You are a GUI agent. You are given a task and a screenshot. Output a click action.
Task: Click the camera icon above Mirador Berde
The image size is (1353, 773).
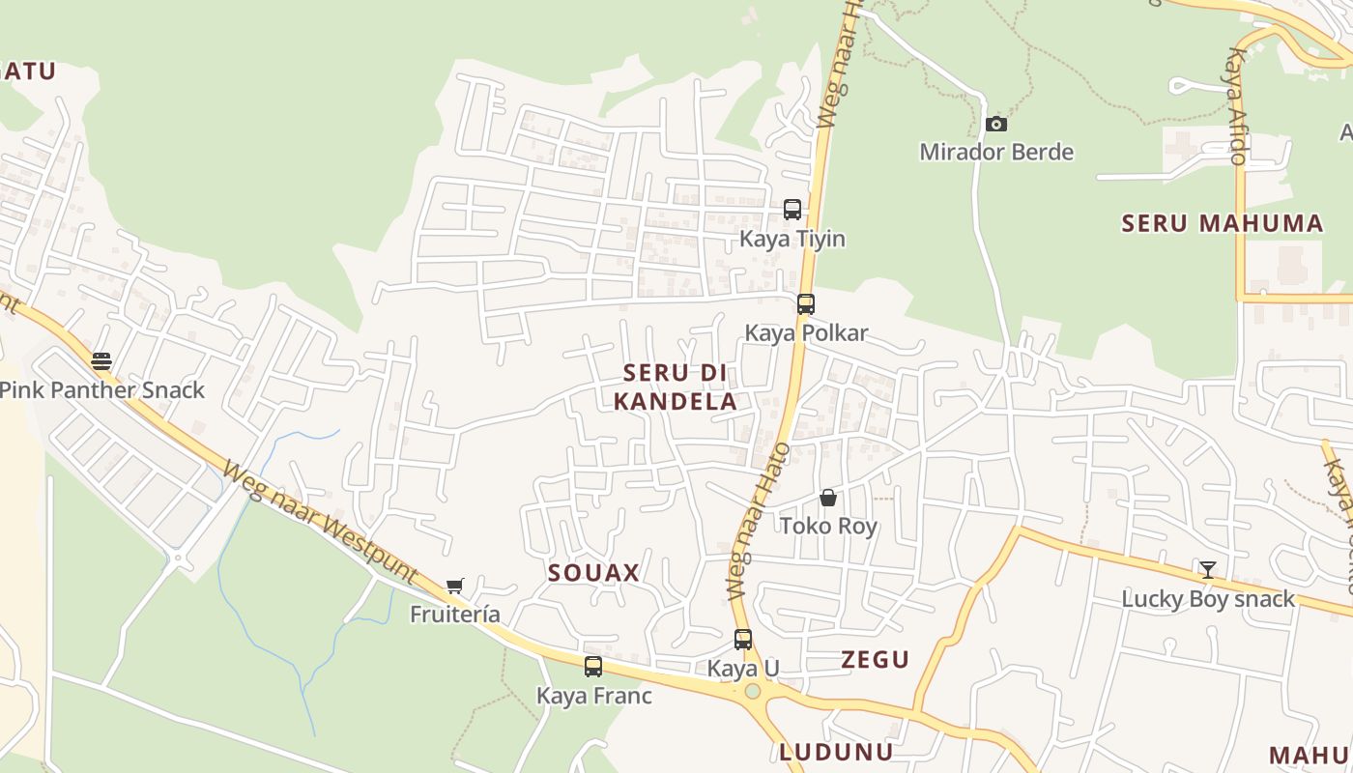996,125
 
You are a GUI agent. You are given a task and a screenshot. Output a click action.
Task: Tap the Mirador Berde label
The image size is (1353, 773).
996,152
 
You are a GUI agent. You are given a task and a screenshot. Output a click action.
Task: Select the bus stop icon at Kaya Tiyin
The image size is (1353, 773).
792,210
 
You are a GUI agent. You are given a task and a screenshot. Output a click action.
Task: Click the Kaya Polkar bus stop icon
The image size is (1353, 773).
806,304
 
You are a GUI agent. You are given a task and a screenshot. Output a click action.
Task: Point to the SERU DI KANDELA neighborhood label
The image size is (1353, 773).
676,386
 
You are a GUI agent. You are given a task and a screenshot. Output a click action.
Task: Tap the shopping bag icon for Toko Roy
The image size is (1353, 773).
828,499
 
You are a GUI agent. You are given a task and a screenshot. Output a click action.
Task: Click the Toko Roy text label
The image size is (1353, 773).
828,526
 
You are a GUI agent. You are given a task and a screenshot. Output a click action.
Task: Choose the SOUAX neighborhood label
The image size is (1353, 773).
593,572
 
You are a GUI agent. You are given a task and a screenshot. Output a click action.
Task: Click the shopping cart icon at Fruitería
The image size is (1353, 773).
455,587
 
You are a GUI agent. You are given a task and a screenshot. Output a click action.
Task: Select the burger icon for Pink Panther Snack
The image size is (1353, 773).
101,361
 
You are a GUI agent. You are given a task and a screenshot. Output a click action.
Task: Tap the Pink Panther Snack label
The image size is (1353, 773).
102,389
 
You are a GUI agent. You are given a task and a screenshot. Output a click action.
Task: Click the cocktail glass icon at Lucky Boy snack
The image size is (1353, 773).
1207,570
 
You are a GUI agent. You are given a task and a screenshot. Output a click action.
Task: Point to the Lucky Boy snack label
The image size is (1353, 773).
1207,598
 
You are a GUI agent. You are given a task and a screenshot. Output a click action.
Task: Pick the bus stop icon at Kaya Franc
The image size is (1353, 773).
593,667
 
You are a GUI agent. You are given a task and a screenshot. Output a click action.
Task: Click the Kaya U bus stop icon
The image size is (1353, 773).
743,640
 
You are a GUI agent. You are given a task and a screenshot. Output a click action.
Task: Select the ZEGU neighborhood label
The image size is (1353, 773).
875,659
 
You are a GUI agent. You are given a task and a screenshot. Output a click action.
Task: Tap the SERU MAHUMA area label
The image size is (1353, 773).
1222,223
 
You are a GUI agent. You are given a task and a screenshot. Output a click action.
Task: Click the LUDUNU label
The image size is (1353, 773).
836,752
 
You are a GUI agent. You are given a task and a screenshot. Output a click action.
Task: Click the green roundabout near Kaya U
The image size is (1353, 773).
753,691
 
